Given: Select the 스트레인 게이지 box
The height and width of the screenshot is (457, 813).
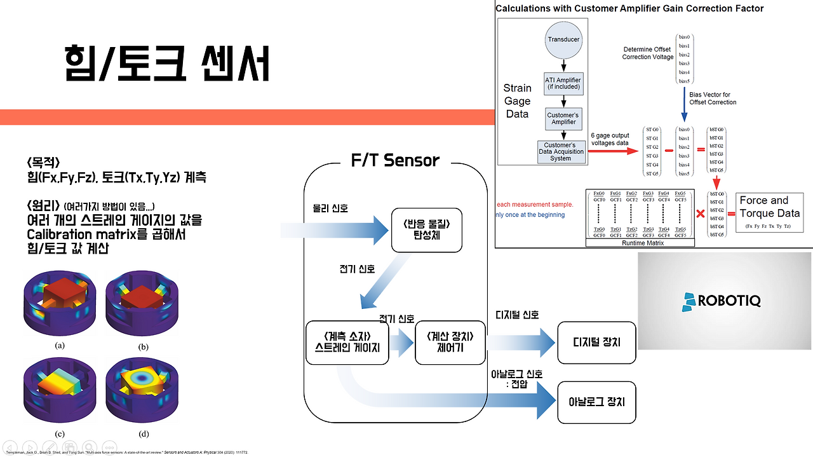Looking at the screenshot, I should click(x=347, y=342).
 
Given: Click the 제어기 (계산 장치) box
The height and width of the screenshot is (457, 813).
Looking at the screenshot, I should click(x=450, y=342).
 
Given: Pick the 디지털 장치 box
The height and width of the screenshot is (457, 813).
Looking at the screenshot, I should click(x=596, y=342).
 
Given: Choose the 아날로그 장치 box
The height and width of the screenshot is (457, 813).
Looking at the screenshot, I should click(x=596, y=402).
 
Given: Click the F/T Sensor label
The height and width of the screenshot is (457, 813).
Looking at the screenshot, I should click(x=394, y=160).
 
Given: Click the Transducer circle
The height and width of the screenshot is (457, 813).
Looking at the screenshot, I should click(x=564, y=39).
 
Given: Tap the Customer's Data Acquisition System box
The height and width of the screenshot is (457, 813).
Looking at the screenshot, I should click(x=561, y=152).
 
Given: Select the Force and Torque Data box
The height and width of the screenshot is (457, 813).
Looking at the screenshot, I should click(x=769, y=213).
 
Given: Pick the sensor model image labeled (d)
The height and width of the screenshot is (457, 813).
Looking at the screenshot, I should click(x=144, y=392).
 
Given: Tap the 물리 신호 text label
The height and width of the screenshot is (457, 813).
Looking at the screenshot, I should click(x=330, y=208).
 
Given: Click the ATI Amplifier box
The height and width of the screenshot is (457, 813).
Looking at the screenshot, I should click(x=563, y=83).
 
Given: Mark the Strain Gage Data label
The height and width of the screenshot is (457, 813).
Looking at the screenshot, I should click(x=517, y=101).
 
